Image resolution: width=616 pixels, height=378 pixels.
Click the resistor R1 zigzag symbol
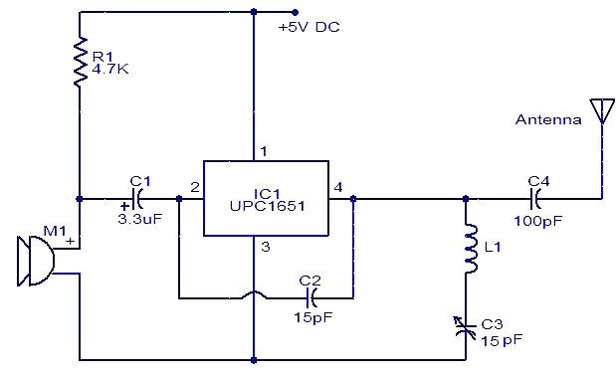(x=80, y=62)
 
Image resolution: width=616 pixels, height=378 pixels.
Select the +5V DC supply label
(x=308, y=27)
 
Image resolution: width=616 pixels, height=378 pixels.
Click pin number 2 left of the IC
(x=195, y=187)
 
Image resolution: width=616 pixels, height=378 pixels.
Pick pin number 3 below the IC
(x=265, y=247)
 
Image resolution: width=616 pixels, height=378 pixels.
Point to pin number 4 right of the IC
(x=338, y=187)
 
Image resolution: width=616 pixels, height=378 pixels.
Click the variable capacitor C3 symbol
(x=464, y=325)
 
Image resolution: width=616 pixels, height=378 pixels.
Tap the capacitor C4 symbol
(x=538, y=198)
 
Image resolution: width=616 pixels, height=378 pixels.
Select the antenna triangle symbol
(x=601, y=109)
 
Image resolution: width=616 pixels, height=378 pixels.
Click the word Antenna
(x=548, y=119)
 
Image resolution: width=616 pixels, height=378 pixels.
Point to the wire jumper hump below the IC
(x=256, y=293)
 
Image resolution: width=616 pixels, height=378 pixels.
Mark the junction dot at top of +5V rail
(x=255, y=12)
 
